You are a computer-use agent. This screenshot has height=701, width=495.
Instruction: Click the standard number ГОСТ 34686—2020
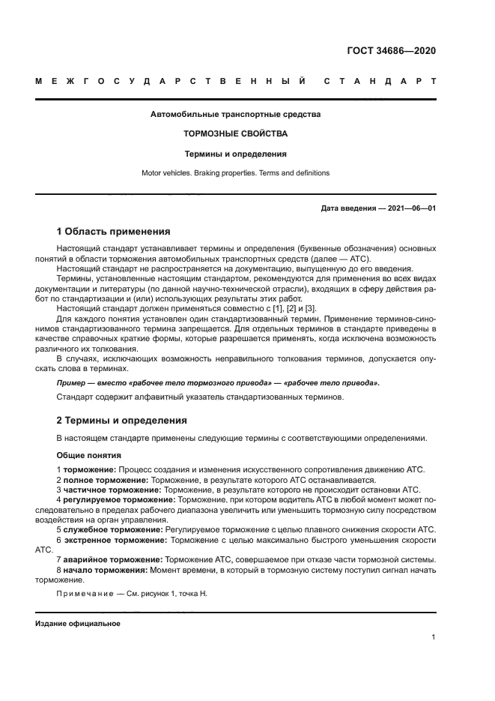coord(392,51)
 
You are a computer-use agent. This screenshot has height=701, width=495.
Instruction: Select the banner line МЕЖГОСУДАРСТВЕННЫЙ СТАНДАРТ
coord(235,82)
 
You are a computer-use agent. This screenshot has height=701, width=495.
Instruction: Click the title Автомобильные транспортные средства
coord(235,115)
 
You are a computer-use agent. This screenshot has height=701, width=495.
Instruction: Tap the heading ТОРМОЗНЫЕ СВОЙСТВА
coord(235,134)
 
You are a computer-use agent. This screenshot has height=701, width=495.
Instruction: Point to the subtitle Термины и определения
coord(235,154)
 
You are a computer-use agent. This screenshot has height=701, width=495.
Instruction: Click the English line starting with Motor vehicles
coord(235,172)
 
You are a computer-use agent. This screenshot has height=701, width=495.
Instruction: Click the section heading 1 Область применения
coord(114,232)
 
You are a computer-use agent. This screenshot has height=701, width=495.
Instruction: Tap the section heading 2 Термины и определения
coord(122,421)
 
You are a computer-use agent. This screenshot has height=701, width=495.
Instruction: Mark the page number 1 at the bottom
coord(434,637)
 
